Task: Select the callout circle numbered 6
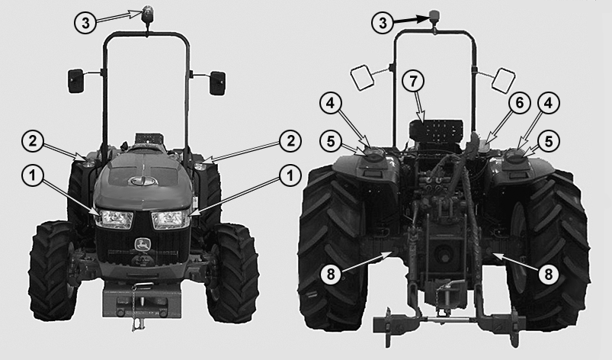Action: pyautogui.click(x=520, y=104)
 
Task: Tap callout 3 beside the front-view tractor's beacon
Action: pyautogui.click(x=85, y=23)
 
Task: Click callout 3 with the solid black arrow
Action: pyautogui.click(x=383, y=23)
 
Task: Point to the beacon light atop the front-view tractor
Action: pyautogui.click(x=148, y=14)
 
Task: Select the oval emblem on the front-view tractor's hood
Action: pyautogui.click(x=143, y=181)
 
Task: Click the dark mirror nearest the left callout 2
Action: pyautogui.click(x=75, y=81)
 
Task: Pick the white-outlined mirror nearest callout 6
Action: pyautogui.click(x=504, y=79)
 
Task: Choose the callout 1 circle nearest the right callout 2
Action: pyautogui.click(x=290, y=175)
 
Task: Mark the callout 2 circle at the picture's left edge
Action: pyautogui.click(x=34, y=141)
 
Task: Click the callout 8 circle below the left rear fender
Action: pyautogui.click(x=331, y=275)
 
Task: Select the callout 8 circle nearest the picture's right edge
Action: pyautogui.click(x=549, y=275)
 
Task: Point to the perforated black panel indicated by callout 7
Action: pyautogui.click(x=437, y=130)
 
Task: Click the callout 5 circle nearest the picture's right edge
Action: pyautogui.click(x=549, y=142)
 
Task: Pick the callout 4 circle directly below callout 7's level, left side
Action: pyautogui.click(x=331, y=104)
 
